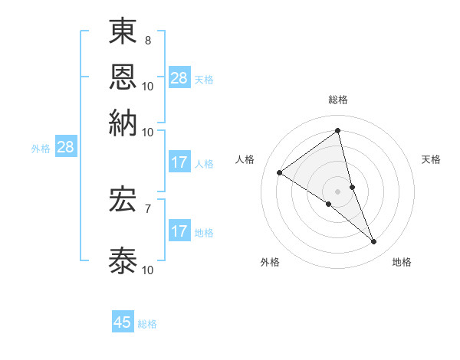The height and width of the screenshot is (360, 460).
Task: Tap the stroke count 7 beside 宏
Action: [147, 208]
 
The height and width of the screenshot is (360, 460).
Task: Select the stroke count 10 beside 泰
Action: [147, 270]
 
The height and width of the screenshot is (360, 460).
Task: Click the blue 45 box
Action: [123, 322]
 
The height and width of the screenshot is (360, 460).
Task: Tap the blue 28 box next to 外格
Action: [65, 148]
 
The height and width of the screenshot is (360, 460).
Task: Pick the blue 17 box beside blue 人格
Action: [179, 162]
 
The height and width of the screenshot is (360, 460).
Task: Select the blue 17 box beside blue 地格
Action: [179, 231]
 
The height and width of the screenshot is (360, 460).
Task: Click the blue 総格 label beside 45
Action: [147, 324]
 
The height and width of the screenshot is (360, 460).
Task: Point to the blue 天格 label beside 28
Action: [204, 80]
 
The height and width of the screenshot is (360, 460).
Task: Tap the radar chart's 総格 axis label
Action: [338, 100]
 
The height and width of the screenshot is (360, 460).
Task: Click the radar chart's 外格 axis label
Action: [270, 263]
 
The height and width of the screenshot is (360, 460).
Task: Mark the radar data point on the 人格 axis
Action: [280, 173]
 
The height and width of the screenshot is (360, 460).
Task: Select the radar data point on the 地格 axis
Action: [374, 242]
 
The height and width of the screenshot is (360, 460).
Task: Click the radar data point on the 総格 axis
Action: [338, 130]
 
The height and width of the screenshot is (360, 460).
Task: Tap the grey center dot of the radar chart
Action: [338, 191]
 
